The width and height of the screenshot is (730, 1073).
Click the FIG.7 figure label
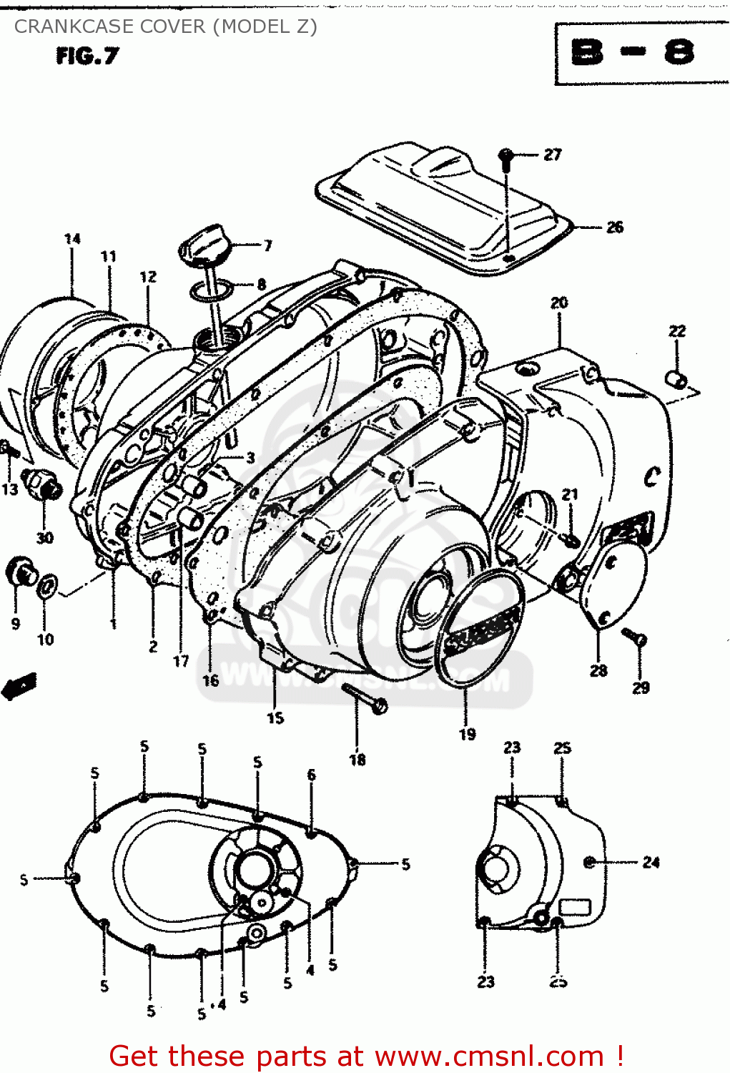click(87, 57)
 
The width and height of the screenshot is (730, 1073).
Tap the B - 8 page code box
click(633, 53)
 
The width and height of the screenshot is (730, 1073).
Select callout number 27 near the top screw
click(553, 155)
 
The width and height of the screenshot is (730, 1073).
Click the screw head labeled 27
click(506, 155)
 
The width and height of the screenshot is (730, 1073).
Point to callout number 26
click(614, 227)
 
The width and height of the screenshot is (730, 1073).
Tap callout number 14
click(72, 239)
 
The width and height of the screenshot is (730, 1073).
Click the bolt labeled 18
click(365, 698)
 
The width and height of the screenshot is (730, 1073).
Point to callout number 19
click(467, 734)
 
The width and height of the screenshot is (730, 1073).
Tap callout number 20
click(559, 303)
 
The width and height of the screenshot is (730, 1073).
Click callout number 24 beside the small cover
click(651, 863)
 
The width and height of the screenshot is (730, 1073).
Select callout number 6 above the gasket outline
click(311, 775)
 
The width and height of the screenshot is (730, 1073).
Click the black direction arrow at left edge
click(19, 686)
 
